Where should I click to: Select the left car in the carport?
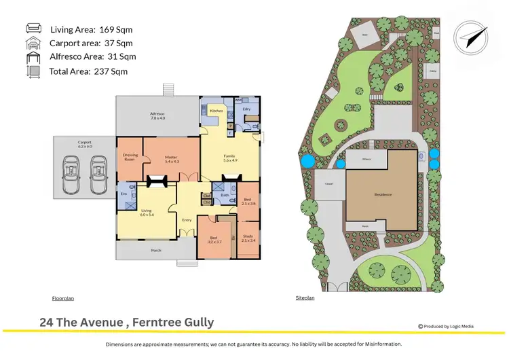71,168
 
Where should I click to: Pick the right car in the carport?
98,168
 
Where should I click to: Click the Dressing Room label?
130,157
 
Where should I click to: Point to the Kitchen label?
216,110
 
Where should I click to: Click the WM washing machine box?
238,101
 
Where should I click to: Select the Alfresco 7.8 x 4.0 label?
157,115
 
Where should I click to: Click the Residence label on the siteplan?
383,195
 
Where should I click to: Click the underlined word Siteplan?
305,298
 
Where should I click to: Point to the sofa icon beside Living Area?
34,28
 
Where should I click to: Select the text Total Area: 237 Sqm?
88,71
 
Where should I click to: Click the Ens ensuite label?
124,194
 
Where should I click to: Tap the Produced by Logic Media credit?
446,326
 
